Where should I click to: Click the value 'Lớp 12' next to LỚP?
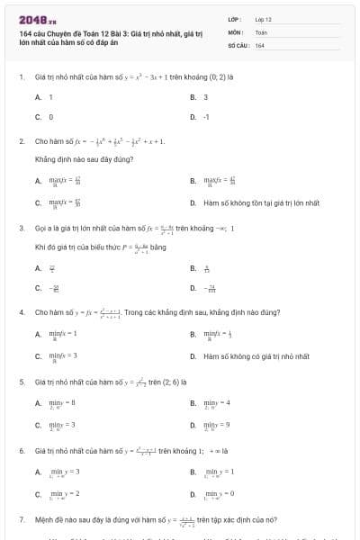click(263, 19)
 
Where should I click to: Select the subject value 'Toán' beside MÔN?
click(261, 31)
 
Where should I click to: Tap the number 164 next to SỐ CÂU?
click(259, 44)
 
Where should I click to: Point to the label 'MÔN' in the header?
click(235, 31)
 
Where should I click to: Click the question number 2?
click(21, 141)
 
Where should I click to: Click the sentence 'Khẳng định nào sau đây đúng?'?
click(71, 158)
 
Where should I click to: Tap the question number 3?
click(21, 228)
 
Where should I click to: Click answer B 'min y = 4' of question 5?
click(217, 402)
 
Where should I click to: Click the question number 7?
click(21, 520)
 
